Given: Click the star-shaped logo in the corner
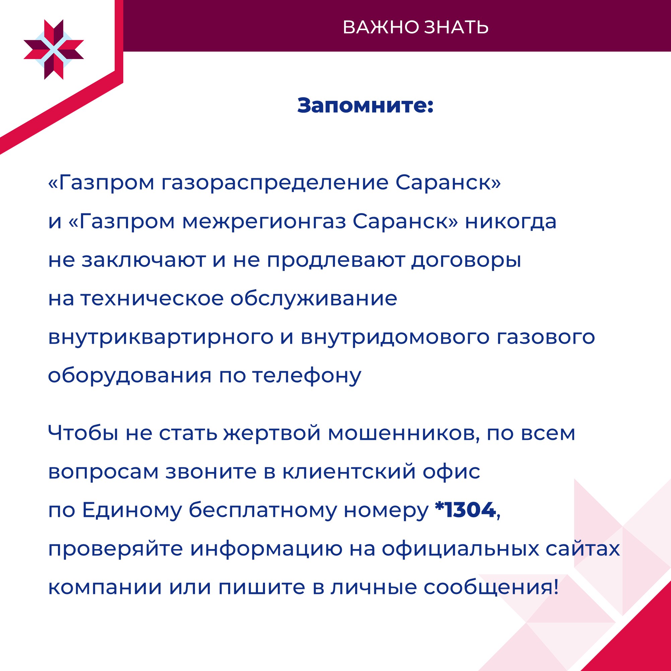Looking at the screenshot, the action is pos(54,50).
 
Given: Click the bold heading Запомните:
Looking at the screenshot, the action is pos(365,105).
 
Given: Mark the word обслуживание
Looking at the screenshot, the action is pos(314,298).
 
